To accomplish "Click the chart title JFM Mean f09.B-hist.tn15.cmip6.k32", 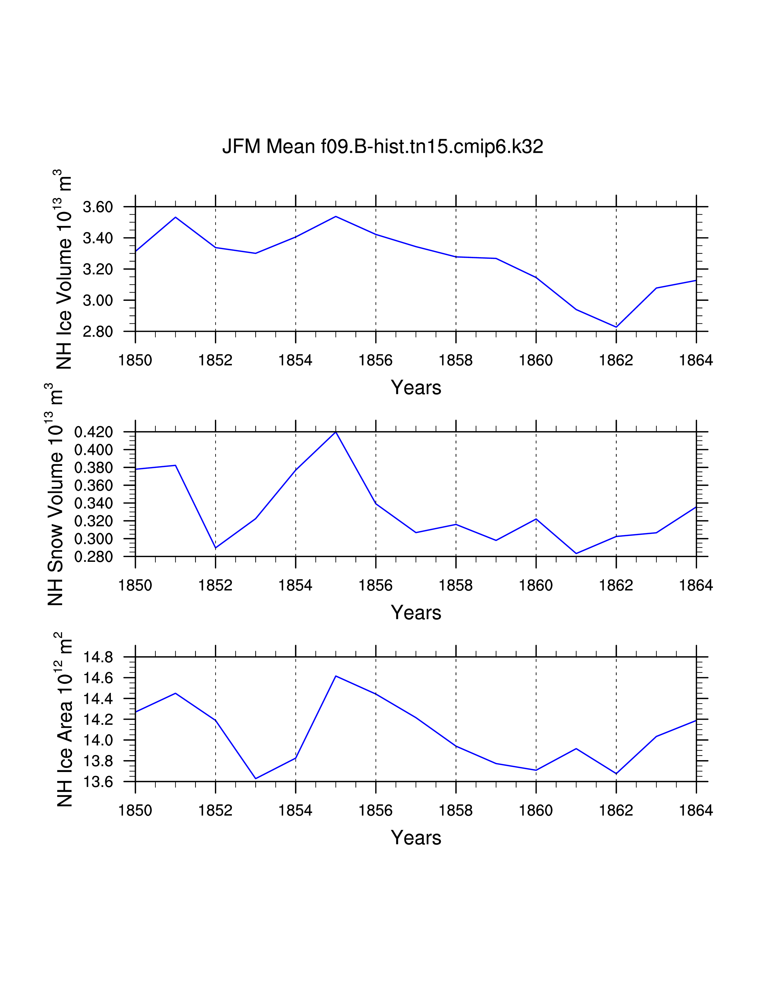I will (x=383, y=147).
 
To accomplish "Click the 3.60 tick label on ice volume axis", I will (x=97, y=207).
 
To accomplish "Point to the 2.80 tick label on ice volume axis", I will (x=97, y=331).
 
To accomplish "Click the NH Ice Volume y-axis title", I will (x=64, y=270).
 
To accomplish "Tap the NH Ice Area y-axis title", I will (x=64, y=720).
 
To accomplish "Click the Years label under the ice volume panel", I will (x=416, y=388).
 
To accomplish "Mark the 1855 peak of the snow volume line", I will (x=336, y=432).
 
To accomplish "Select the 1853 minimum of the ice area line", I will (x=256, y=779).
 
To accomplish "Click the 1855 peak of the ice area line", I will (x=336, y=676).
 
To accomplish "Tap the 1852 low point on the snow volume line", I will (x=216, y=548).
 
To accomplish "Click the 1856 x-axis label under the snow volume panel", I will (x=375, y=586).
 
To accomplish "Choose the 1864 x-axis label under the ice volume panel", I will (x=696, y=360).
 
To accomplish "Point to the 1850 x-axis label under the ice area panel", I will (x=135, y=810).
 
